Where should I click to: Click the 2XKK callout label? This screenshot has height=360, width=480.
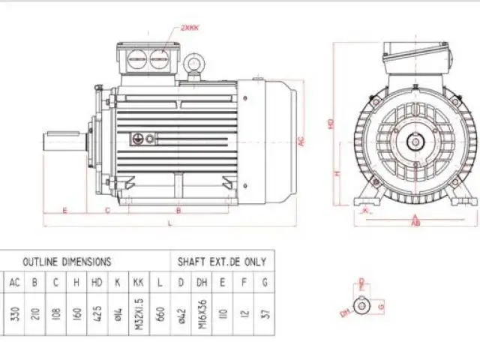190,28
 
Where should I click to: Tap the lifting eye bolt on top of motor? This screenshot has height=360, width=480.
198,63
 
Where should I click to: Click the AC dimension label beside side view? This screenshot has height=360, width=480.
301,140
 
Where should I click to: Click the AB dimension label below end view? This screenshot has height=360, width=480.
415,223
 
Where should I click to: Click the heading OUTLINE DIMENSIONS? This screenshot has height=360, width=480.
67,262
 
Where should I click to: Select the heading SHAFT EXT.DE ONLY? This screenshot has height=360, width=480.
221,262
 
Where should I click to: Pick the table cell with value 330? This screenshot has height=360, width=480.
15,312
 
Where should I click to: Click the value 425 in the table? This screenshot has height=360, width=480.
97,312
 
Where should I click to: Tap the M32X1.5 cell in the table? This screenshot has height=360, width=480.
139,312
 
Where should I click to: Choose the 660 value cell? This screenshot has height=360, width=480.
160,312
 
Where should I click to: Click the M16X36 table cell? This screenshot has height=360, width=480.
201,312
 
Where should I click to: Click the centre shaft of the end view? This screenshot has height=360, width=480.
415,139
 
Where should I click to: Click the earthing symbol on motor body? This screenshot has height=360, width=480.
138,139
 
